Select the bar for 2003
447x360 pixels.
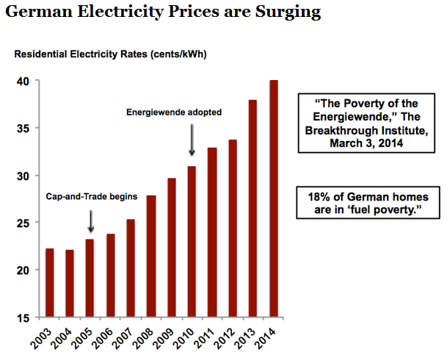click(49, 283)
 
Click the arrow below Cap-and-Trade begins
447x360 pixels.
click(90, 220)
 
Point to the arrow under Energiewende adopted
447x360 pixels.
click(192, 140)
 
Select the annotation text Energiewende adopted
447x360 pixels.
click(175, 112)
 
